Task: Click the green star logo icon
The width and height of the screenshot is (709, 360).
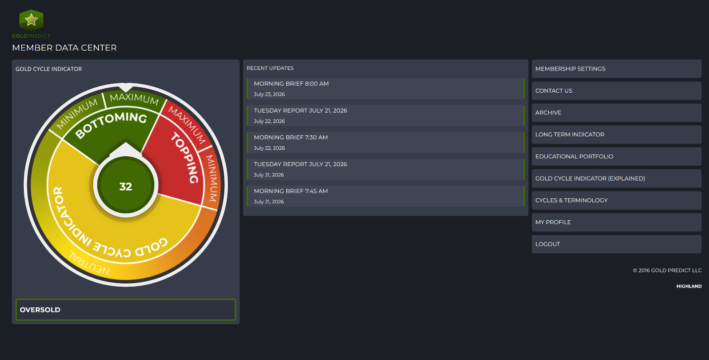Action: point(31,20)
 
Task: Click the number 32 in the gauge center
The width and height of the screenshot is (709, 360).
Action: point(126,186)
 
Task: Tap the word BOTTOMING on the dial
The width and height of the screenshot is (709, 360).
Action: point(111,124)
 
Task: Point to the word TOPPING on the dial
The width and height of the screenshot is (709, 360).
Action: point(185,158)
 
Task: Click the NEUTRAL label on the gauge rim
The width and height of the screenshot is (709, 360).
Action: point(89,263)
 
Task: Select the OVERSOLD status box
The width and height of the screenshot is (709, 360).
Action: point(126,310)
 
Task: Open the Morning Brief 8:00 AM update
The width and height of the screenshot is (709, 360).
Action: point(386,89)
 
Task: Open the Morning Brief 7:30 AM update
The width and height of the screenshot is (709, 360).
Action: point(386,142)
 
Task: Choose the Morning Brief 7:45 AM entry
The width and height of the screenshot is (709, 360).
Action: point(386,196)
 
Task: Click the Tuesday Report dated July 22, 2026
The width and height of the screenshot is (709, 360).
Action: point(386,116)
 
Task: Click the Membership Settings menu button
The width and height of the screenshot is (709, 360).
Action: point(617,68)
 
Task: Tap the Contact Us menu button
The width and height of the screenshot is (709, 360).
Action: point(617,91)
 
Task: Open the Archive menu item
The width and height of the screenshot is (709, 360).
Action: point(617,113)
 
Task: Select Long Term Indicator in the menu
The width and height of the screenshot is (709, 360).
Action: point(617,134)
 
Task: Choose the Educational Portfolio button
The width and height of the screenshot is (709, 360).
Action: point(617,156)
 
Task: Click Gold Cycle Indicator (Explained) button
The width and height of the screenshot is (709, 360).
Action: point(617,179)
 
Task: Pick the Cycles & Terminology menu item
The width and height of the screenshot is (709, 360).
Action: point(617,200)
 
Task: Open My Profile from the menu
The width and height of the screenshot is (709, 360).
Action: point(617,222)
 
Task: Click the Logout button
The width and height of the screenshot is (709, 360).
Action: point(617,244)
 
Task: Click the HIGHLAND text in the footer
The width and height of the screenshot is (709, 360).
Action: point(689,286)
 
